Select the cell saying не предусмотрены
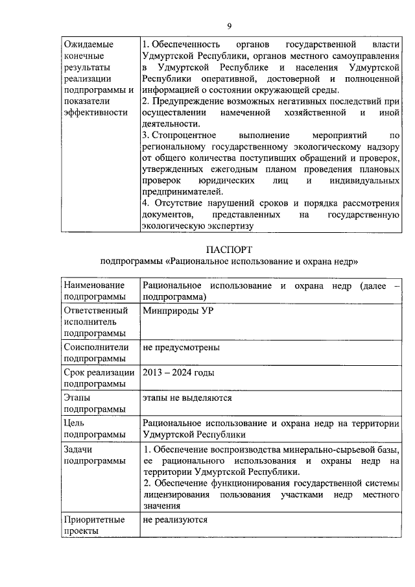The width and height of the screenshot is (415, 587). (181, 347)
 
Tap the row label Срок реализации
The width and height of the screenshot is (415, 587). (99, 373)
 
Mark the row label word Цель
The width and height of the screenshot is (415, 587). (75, 423)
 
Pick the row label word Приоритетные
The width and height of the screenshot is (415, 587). (97, 520)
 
